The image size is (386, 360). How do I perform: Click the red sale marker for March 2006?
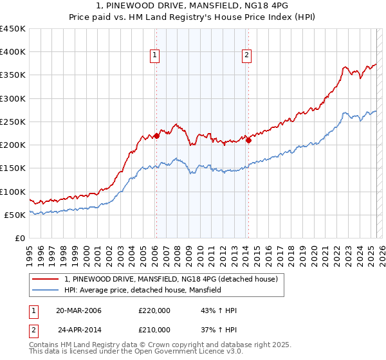pyautogui.click(x=156, y=136)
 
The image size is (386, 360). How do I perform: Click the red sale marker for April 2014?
pyautogui.click(x=248, y=141)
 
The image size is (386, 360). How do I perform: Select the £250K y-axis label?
pyautogui.click(x=12, y=122)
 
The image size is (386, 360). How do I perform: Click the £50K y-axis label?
pyautogui.click(x=15, y=215)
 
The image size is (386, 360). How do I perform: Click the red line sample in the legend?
pyautogui.click(x=46, y=279)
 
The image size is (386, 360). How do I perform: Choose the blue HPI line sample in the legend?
pyautogui.click(x=46, y=290)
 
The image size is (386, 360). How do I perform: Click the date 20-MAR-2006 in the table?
pyautogui.click(x=78, y=310)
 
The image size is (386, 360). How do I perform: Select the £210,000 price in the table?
pyautogui.click(x=154, y=329)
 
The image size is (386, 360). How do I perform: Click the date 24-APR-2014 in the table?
pyautogui.click(x=79, y=329)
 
